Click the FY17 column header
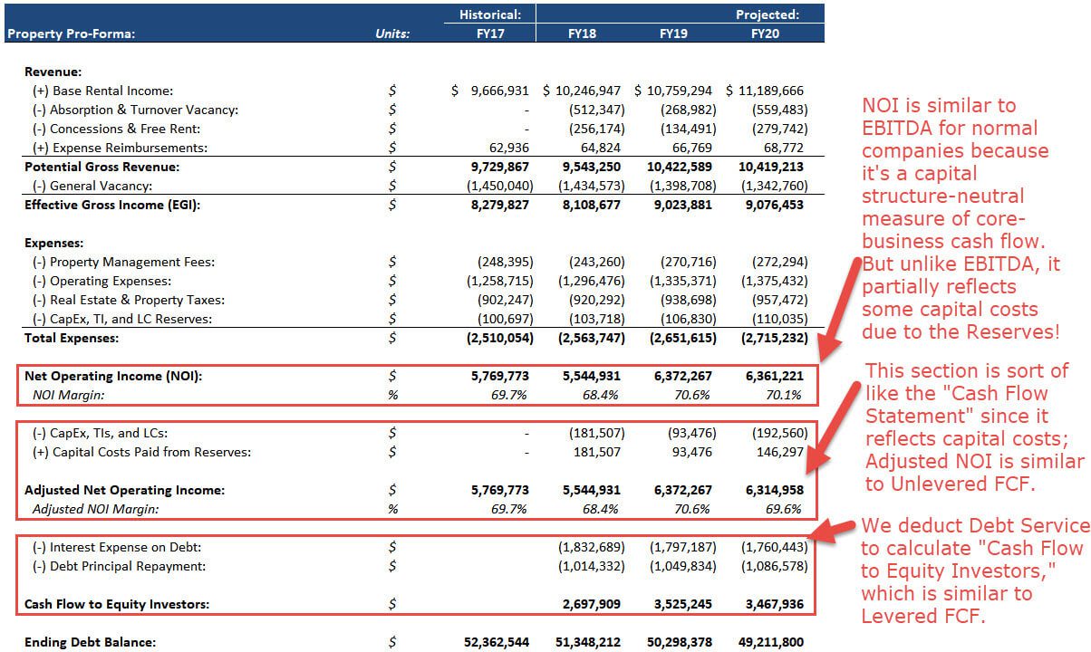(x=489, y=34)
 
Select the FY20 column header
(x=765, y=34)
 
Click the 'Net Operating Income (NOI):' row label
(x=113, y=377)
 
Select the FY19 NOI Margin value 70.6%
(x=692, y=395)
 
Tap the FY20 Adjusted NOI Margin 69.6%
(x=784, y=509)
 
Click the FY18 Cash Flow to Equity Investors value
(x=590, y=604)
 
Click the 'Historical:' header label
(x=490, y=14)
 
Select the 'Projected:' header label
(x=767, y=14)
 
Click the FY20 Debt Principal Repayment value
(x=770, y=566)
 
